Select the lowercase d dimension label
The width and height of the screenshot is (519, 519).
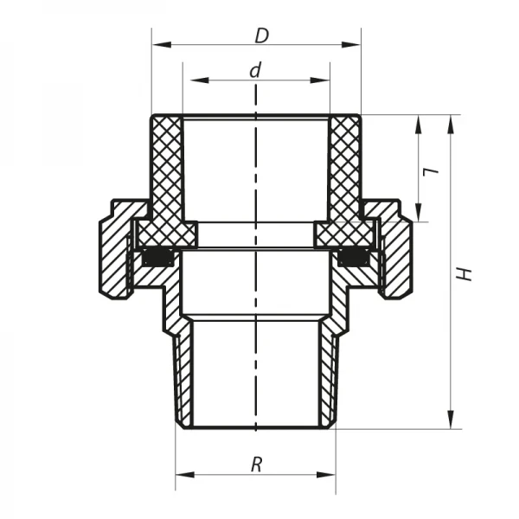click(x=255, y=70)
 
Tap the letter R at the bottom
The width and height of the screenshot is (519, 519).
click(x=256, y=465)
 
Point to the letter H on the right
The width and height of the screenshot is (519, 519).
click(x=465, y=273)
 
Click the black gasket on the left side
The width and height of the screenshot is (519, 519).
click(x=157, y=257)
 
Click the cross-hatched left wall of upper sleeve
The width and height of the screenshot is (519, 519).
click(x=166, y=173)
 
